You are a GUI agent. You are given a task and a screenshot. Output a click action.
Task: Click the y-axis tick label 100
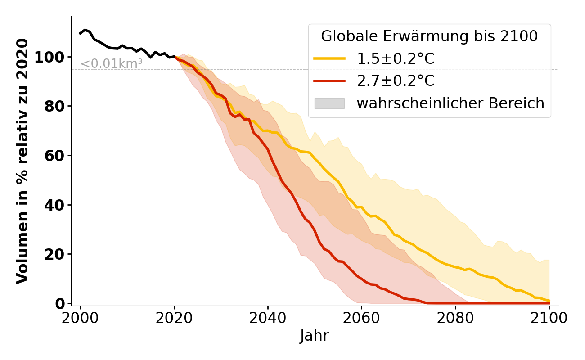[x=51, y=57]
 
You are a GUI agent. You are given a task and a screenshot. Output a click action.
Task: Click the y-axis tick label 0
[x=60, y=304]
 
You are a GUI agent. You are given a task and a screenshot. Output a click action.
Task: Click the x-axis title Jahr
[x=315, y=336]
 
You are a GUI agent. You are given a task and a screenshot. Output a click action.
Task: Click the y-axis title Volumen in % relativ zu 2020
[x=22, y=161]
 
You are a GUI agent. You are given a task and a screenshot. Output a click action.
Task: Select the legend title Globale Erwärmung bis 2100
[x=429, y=36]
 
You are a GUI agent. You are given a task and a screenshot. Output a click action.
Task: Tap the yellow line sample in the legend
[x=329, y=59]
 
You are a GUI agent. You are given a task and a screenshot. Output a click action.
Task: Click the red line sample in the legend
[x=329, y=81]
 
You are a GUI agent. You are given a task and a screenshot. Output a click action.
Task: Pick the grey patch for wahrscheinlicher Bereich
[x=329, y=103]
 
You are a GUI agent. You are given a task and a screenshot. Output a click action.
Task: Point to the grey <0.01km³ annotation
[x=112, y=64]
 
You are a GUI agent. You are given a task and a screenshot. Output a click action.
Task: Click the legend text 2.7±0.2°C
[x=396, y=81]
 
